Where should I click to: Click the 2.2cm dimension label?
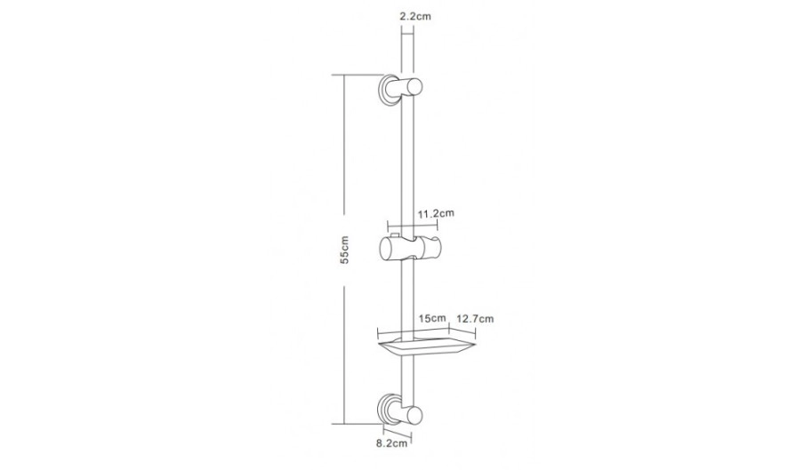(x=415, y=16)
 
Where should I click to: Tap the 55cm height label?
(x=344, y=250)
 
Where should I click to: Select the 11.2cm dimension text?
(x=436, y=213)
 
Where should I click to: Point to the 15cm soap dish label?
(x=432, y=318)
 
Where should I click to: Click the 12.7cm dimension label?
(x=475, y=318)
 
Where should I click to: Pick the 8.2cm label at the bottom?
(x=391, y=442)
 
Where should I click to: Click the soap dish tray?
(x=427, y=347)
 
